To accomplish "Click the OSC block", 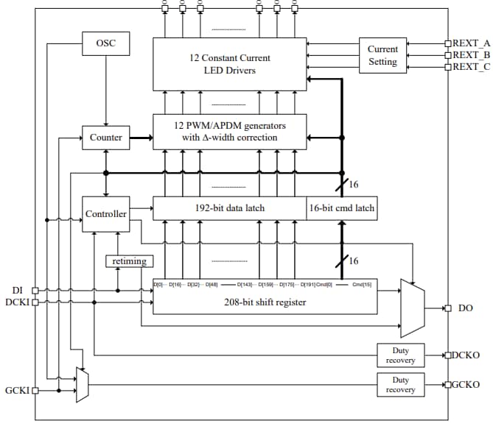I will (x=106, y=43).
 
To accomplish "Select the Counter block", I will (x=106, y=137).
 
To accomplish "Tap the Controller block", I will (x=106, y=214).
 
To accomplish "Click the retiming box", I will (x=130, y=260).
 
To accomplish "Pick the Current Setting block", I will (x=382, y=55).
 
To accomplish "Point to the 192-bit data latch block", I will (x=229, y=208).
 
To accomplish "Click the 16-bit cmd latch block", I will (x=341, y=208).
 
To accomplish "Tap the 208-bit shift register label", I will (x=264, y=301).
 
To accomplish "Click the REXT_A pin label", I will (x=471, y=43).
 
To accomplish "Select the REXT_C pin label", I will (x=471, y=67).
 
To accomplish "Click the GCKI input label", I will (x=17, y=391).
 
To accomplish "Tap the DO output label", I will (x=465, y=308).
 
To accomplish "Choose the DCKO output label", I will (x=466, y=355).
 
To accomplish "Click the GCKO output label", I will (x=466, y=384).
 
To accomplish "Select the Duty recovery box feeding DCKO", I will (x=400, y=355).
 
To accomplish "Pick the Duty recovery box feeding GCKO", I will (x=400, y=384).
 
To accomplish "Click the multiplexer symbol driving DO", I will (x=412, y=308).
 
